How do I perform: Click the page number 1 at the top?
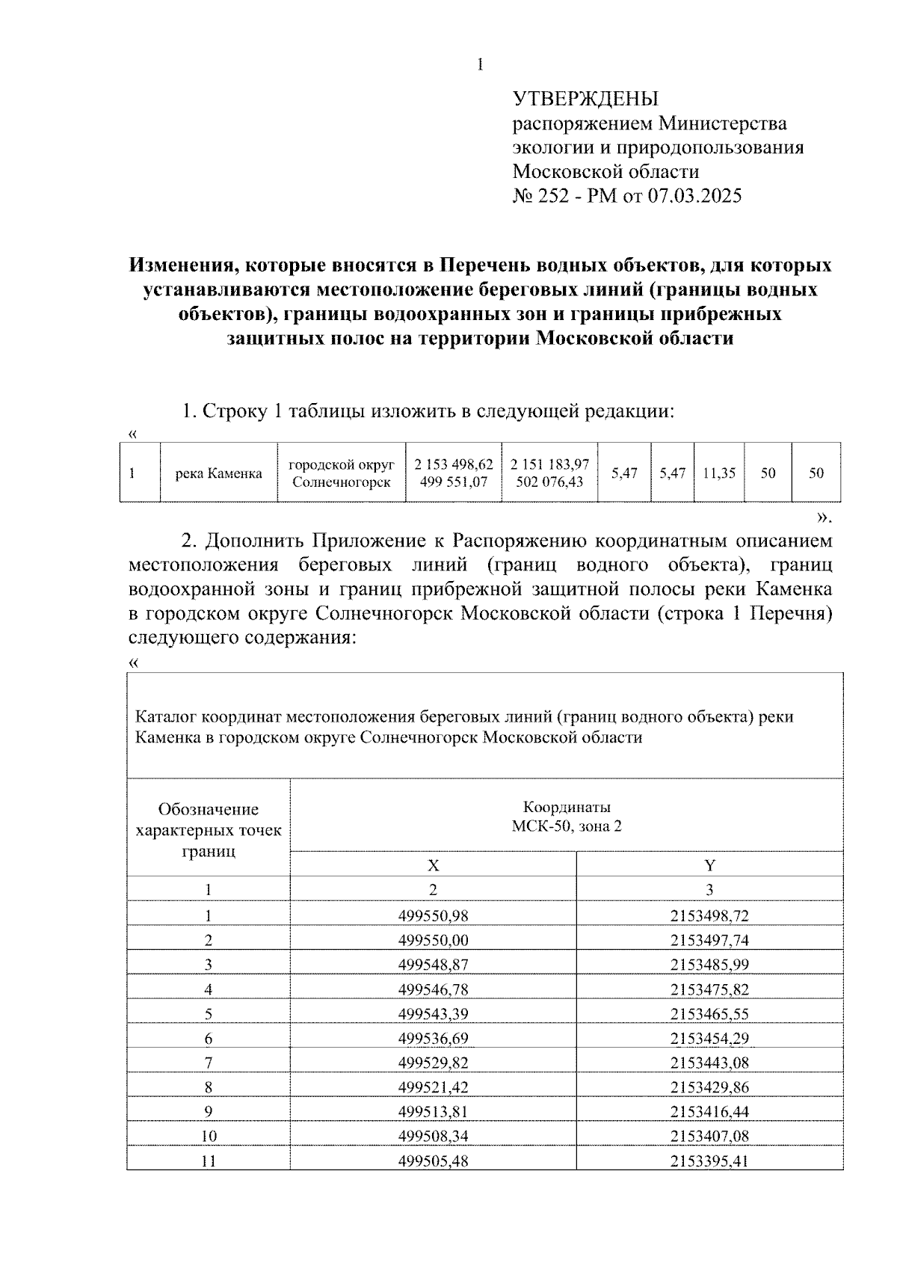click(x=480, y=66)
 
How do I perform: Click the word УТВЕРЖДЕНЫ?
click(x=585, y=99)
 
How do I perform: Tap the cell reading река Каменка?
click(x=218, y=473)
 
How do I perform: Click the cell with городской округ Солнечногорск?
click(x=341, y=473)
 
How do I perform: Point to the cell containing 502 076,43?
click(x=549, y=482)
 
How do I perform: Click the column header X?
click(x=433, y=865)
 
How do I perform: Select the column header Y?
click(x=709, y=865)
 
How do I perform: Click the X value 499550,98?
click(x=433, y=916)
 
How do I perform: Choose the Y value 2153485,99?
click(x=709, y=965)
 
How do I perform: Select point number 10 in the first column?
click(x=209, y=1136)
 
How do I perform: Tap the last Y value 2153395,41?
click(x=709, y=1161)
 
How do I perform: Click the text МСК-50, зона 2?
click(x=566, y=827)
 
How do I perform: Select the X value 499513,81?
click(x=433, y=1111)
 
